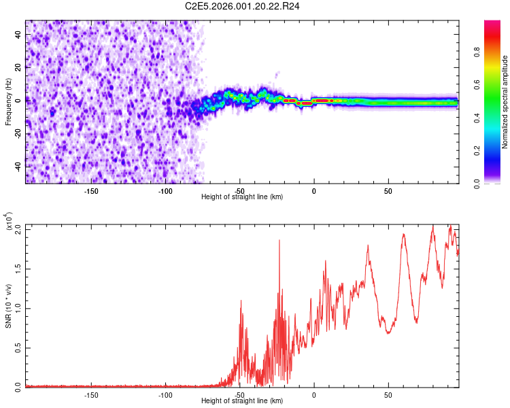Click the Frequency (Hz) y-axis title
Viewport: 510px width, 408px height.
pyautogui.click(x=8, y=102)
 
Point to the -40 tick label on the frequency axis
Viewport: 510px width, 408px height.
pyautogui.click(x=18, y=165)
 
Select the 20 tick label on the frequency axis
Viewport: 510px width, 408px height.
pyautogui.click(x=18, y=67)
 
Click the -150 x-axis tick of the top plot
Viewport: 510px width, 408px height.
pyautogui.click(x=91, y=190)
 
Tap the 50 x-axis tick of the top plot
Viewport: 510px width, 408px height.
pyautogui.click(x=388, y=190)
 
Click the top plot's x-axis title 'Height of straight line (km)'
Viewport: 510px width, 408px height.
pyautogui.click(x=242, y=197)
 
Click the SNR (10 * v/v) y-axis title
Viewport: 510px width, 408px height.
pyautogui.click(x=8, y=306)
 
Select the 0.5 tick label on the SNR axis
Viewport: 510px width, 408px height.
pyautogui.click(x=18, y=347)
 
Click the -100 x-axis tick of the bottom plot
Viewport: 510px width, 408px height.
pyautogui.click(x=165, y=394)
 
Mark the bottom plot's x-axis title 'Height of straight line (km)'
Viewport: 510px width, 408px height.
pyautogui.click(x=242, y=401)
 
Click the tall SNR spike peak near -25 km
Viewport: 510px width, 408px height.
pyautogui.click(x=279, y=239)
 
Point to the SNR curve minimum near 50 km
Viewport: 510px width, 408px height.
pyautogui.click(x=388, y=333)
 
